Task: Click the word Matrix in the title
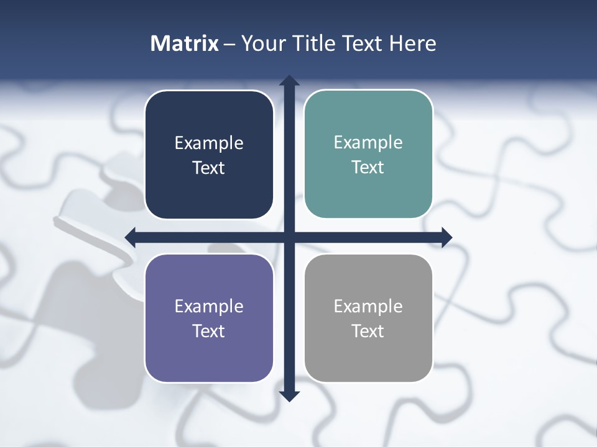[185, 43]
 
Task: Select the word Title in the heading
[315, 43]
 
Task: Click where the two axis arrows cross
[289, 237]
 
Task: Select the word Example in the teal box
[368, 142]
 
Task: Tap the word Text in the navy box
[209, 168]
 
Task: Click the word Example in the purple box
[209, 306]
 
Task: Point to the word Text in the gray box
[368, 331]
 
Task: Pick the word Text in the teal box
[368, 167]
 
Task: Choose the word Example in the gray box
[368, 306]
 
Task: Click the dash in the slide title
[229, 44]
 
